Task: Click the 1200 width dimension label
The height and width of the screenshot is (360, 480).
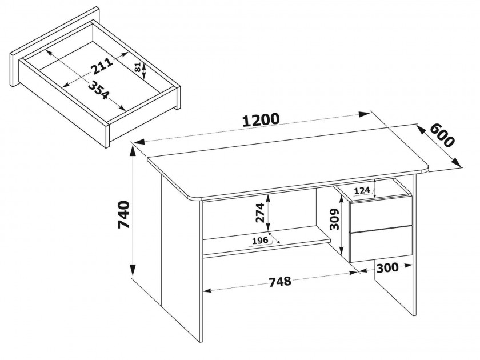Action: [x=261, y=119]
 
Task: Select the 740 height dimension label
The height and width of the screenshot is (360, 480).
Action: [x=124, y=215]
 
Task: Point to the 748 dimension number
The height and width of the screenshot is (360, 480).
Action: [x=280, y=281]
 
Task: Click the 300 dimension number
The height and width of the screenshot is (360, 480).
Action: [x=387, y=268]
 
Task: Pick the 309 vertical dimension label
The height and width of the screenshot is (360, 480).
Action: [x=335, y=219]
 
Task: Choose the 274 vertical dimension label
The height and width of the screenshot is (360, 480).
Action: [x=259, y=213]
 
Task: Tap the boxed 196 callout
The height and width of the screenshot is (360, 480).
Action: [x=259, y=241]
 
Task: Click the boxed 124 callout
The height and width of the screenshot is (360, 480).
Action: [x=362, y=190]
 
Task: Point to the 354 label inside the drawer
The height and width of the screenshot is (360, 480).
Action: [x=98, y=90]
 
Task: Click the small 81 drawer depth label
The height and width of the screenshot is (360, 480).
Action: [x=138, y=67]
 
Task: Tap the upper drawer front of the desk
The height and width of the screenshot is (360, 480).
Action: [x=381, y=214]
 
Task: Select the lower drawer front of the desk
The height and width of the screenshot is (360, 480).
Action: [x=381, y=243]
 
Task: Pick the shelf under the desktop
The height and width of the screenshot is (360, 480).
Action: [x=266, y=242]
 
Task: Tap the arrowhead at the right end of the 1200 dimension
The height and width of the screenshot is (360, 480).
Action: [x=365, y=114]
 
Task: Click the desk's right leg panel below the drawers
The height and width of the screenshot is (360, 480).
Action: [x=395, y=288]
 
